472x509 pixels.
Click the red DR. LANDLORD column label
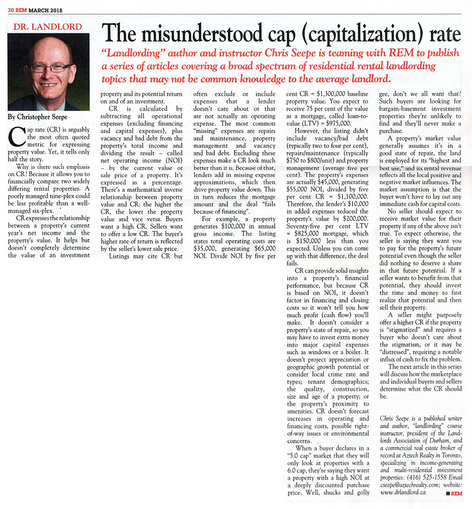48,27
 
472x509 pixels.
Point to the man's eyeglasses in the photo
51,68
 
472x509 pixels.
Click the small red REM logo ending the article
454,493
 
